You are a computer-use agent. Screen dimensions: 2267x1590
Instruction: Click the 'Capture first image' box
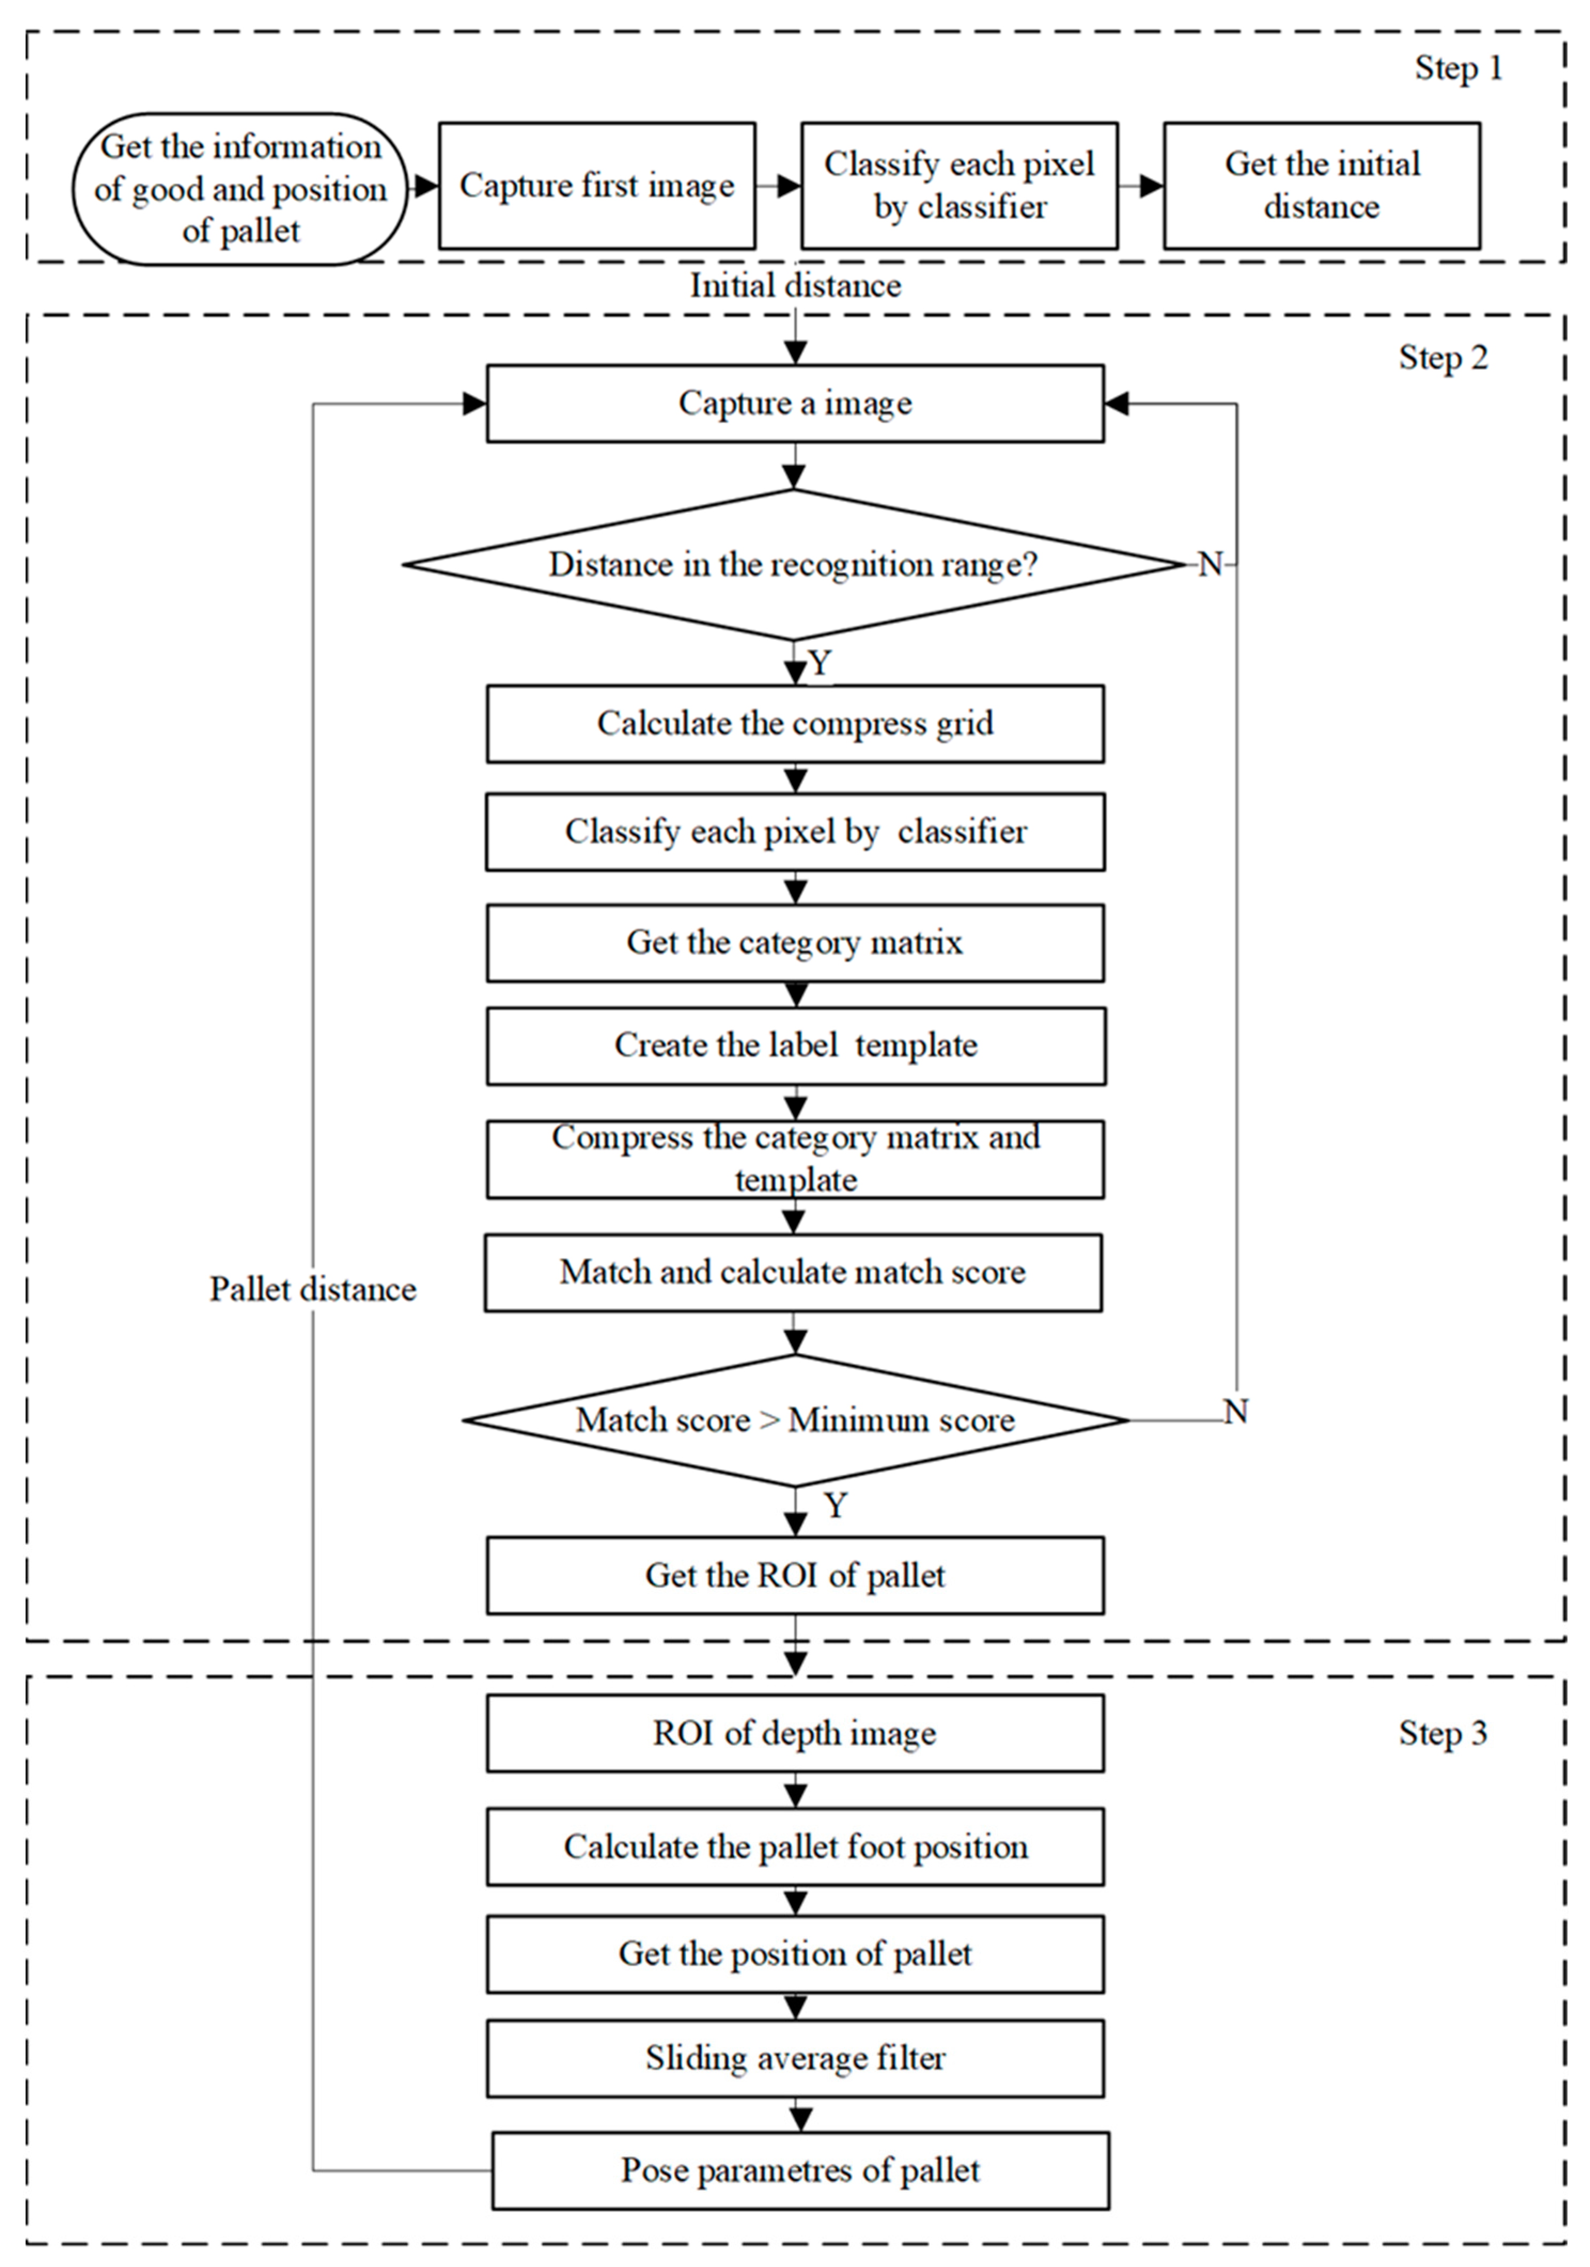click(596, 186)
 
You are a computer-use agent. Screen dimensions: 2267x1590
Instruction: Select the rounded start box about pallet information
click(240, 189)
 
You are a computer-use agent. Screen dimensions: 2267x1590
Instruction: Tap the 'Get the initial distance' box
click(1321, 186)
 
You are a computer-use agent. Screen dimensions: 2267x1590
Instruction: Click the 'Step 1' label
click(1457, 68)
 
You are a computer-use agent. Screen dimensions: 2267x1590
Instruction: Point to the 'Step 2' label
click(1442, 357)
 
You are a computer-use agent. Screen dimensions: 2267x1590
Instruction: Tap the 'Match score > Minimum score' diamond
click(795, 1420)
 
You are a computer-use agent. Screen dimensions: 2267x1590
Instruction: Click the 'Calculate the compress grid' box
click(795, 724)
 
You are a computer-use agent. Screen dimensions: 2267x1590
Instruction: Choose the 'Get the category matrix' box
click(795, 943)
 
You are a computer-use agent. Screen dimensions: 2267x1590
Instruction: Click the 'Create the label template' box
click(795, 1045)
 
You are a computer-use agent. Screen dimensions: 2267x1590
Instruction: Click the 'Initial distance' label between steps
click(795, 286)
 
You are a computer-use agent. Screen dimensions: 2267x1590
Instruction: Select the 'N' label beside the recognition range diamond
click(1210, 565)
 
